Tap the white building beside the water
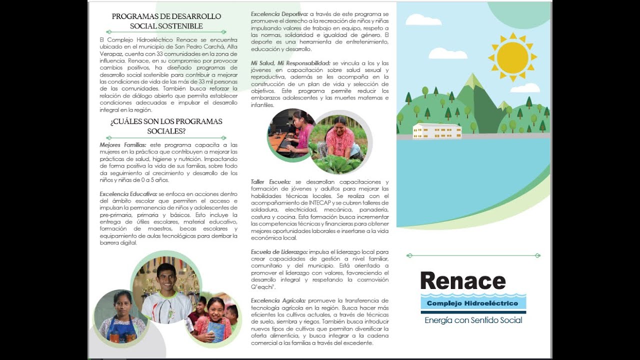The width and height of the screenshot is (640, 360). point(437,131)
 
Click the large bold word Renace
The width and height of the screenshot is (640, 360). point(463,281)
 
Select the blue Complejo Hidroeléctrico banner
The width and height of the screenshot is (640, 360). point(473,303)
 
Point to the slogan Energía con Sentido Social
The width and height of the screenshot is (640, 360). point(473,320)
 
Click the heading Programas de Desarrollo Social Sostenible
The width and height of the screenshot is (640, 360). point(166,21)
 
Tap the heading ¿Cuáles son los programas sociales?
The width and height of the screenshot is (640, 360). point(166,126)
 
